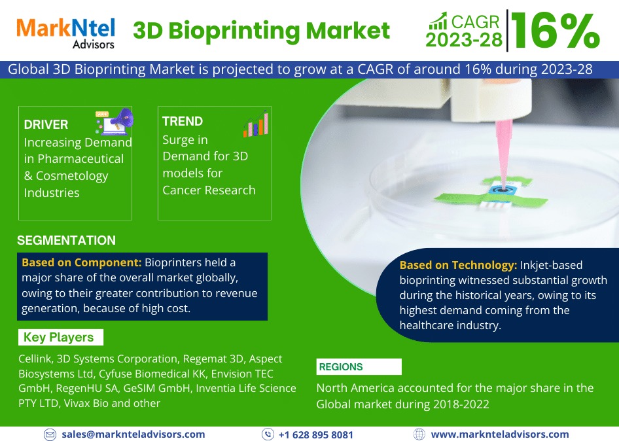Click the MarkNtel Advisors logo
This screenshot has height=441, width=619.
coord(65,33)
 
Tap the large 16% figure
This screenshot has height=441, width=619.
coord(556,31)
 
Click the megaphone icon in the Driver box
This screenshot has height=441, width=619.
coord(115,121)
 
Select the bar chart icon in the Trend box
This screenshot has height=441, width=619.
coord(256,124)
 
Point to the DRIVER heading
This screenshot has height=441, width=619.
coord(46,124)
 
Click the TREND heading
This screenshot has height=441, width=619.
coord(183,121)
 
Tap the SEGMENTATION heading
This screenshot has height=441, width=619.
coord(66,240)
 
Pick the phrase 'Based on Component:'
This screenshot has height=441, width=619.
coord(81,262)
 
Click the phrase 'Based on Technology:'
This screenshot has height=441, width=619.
coord(458,265)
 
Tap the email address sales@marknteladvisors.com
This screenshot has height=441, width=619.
coord(133,434)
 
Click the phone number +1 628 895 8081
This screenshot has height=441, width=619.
coord(316,434)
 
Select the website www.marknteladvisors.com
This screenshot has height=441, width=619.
coord(500,434)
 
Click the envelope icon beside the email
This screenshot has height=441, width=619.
coord(50,434)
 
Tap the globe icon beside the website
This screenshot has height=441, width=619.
coord(419,434)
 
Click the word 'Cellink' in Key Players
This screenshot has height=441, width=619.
coord(35,359)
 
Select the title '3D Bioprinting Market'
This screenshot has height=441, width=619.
coord(261,31)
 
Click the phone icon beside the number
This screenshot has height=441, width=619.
coord(268,434)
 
